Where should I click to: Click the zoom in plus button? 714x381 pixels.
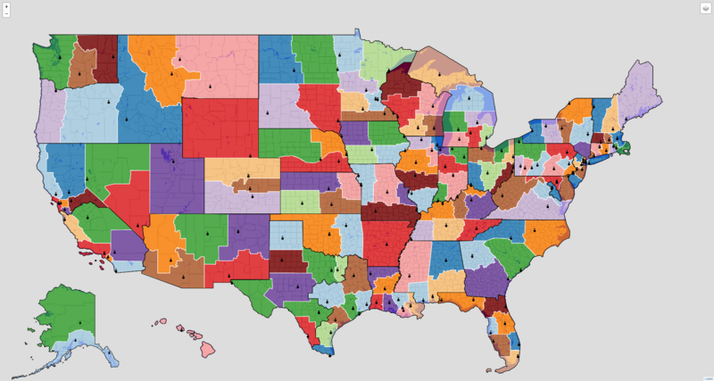click(6, 6)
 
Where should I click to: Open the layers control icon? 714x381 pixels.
click(704, 9)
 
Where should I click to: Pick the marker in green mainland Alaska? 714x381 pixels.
click(79, 323)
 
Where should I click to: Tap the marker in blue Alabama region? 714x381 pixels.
click(444, 261)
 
